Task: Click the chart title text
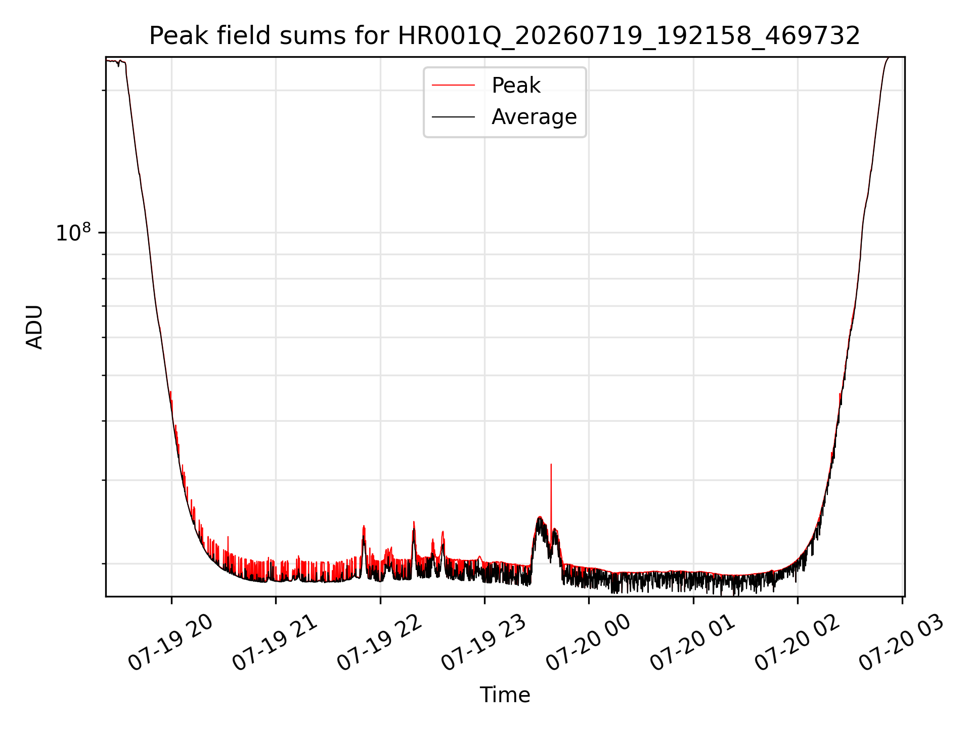[x=505, y=36]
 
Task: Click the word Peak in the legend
[x=516, y=86]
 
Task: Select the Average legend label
[x=534, y=117]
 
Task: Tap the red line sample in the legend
[x=453, y=86]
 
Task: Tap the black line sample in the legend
[x=453, y=117]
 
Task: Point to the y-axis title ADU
[x=34, y=327]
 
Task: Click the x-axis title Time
[x=505, y=695]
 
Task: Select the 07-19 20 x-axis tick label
[x=170, y=643]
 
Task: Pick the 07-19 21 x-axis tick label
[x=275, y=643]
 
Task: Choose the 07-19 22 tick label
[x=379, y=643]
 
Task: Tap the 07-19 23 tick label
[x=484, y=643]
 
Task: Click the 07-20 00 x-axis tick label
[x=588, y=643]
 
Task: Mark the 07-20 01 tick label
[x=692, y=643]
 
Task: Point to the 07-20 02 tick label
[x=797, y=643]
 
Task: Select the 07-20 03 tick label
[x=901, y=643]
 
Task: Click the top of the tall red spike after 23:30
[x=551, y=464]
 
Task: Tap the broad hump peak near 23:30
[x=540, y=517]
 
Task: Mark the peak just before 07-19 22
[x=364, y=526]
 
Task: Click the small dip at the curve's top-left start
[x=118, y=65]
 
